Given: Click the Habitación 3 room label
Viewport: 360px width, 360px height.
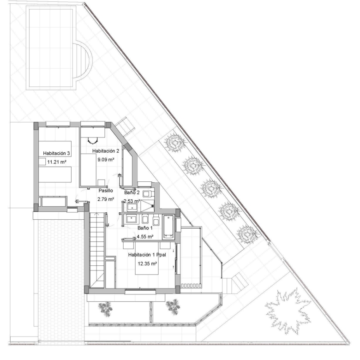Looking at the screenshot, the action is tap(56, 153).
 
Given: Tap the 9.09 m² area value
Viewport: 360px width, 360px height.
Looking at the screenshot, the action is tap(106, 159).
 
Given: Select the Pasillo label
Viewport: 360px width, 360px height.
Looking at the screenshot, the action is tap(106, 191).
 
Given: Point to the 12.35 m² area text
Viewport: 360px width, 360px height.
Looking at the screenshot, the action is tap(147, 264).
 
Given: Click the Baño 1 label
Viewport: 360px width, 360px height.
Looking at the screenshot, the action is tap(145, 228).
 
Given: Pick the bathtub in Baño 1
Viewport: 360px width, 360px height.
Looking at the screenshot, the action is tap(168, 227).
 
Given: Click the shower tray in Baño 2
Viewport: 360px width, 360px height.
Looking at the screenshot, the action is tap(147, 206).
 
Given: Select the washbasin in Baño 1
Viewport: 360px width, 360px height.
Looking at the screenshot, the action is tap(131, 219).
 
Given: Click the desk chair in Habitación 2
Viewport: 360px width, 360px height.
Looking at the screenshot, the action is tap(92, 140).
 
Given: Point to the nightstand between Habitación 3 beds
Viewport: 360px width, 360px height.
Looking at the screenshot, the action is tap(42, 162).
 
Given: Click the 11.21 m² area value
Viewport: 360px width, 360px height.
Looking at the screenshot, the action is tap(57, 162).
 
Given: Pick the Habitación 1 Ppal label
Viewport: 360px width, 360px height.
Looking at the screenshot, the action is tap(147, 255).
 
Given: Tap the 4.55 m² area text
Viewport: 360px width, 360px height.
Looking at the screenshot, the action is tap(145, 236).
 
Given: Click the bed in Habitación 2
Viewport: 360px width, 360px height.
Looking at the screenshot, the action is tap(88, 169).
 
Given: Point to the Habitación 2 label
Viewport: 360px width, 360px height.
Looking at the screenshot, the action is tap(106, 151).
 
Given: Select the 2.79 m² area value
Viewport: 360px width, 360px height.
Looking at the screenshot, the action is tap(106, 199).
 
